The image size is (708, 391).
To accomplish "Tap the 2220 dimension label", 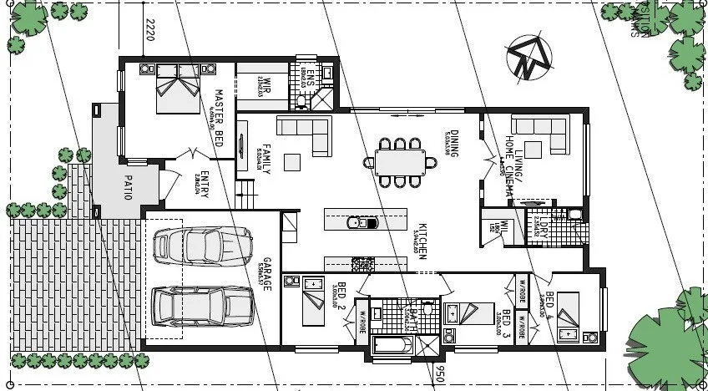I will pos(150,31).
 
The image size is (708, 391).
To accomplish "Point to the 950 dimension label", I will pos(438,373).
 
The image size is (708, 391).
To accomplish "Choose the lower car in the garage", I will pos(201,306).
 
